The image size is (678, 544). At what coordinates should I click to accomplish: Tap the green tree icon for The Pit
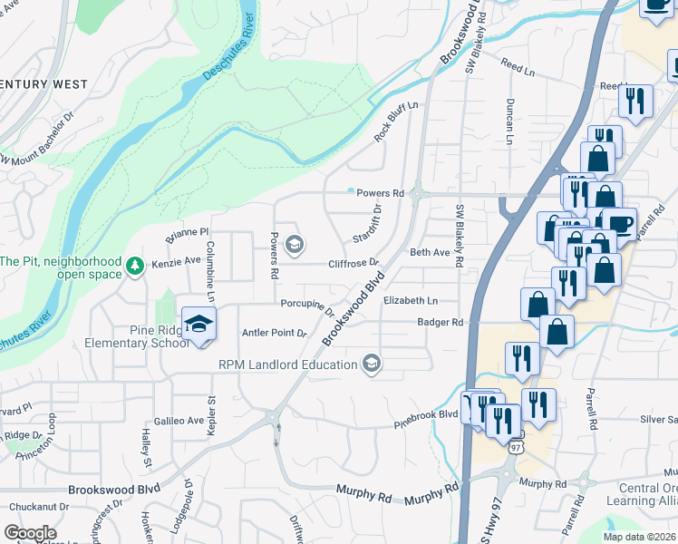(135, 266)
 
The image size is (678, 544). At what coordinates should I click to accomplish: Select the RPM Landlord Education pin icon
(370, 364)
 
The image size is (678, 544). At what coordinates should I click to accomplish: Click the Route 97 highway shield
(516, 447)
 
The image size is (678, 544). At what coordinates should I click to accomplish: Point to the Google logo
(30, 533)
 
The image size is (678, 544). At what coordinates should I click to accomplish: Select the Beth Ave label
(430, 253)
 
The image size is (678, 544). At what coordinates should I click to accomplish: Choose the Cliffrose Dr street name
(354, 263)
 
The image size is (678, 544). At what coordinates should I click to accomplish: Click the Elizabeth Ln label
(411, 301)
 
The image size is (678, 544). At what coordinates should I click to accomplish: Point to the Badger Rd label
(441, 322)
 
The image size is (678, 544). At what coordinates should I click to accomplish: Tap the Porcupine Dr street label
(308, 306)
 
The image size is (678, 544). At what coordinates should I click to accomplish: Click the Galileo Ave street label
(180, 420)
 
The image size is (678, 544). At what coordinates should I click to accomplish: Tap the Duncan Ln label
(510, 121)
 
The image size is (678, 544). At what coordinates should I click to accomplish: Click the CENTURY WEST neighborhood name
(45, 84)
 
